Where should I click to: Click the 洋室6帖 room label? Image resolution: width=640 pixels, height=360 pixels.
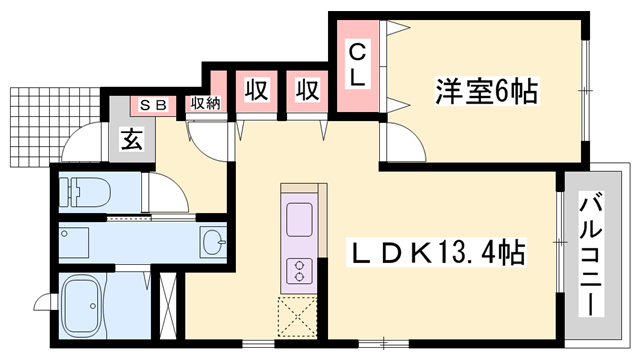pos(486,91)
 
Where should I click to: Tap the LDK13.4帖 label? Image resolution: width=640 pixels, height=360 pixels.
pos(436,252)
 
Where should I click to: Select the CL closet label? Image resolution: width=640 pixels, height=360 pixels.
pos(358,64)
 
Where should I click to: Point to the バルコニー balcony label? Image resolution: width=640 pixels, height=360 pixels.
pos(592,255)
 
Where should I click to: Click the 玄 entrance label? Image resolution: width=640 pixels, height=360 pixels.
pos(132,139)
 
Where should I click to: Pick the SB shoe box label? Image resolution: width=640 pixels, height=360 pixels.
pos(153,106)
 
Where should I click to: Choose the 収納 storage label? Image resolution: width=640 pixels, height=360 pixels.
pos(205,103)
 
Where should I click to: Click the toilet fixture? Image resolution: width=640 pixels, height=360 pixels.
pos(85,191)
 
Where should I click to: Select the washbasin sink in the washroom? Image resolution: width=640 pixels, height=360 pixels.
pos(213,242)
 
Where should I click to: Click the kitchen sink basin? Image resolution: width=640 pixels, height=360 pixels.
pos(299,220)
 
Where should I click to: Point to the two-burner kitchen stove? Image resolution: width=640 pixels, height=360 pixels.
pos(300,271)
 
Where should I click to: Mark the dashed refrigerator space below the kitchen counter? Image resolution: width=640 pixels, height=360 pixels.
pos(297,317)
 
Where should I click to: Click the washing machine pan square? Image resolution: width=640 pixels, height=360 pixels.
pos(74,243)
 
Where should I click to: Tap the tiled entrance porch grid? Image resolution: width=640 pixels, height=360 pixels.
pos(55,127)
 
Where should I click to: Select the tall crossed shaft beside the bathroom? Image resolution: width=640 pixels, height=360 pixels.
pos(167,306)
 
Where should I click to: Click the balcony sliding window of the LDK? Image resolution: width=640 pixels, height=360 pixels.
pos(560,242)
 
